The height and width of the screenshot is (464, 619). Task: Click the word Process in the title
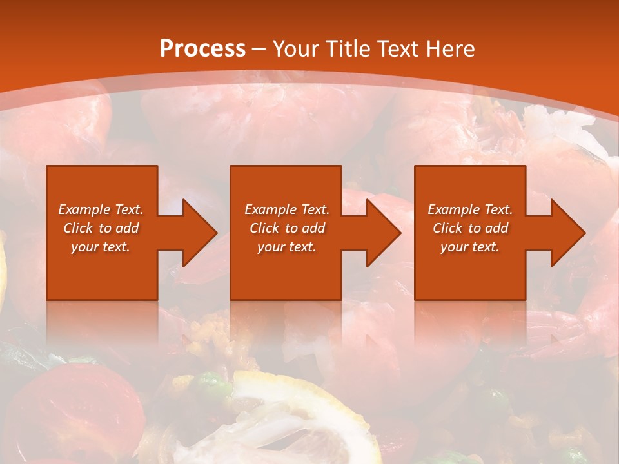tap(202, 49)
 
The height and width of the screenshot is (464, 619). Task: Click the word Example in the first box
tap(83, 209)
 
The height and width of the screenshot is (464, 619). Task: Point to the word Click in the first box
tap(79, 228)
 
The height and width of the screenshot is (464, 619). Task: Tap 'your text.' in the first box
tap(101, 247)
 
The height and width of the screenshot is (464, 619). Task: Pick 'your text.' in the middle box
tap(287, 247)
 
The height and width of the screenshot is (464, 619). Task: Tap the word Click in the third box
tap(448, 228)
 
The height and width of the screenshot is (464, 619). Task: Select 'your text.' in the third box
tap(470, 247)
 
